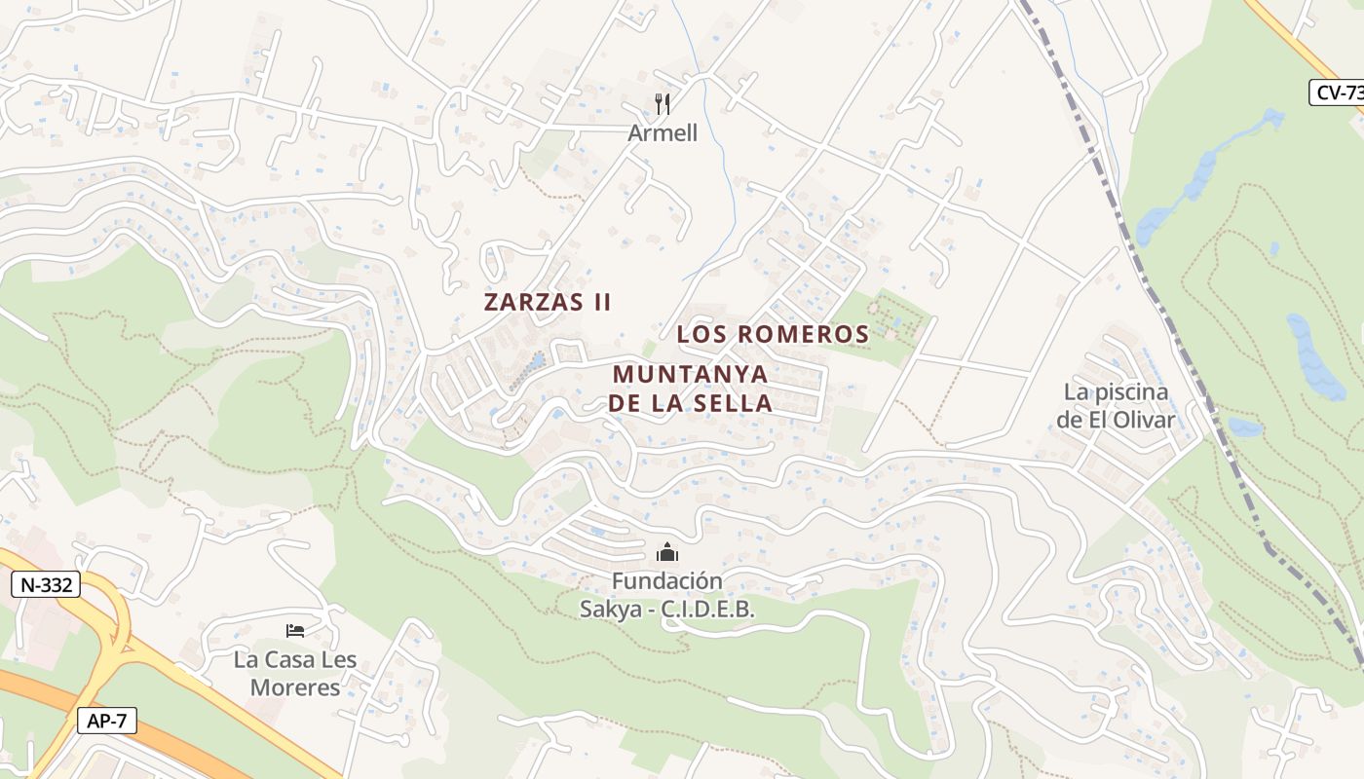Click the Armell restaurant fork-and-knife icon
pos(663,104)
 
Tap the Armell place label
pos(663,133)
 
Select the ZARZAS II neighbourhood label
pos(548,302)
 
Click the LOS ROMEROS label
pos(773,334)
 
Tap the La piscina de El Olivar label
pos(1116,406)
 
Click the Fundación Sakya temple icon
pos(667,553)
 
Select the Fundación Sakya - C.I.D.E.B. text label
pos(667,595)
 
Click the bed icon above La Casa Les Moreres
pos(295,631)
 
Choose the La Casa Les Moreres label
pos(295,674)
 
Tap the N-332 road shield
pos(46,585)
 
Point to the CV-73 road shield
pos(1337,93)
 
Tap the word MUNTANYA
pos(690,374)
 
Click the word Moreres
pos(295,687)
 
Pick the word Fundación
pos(667,581)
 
